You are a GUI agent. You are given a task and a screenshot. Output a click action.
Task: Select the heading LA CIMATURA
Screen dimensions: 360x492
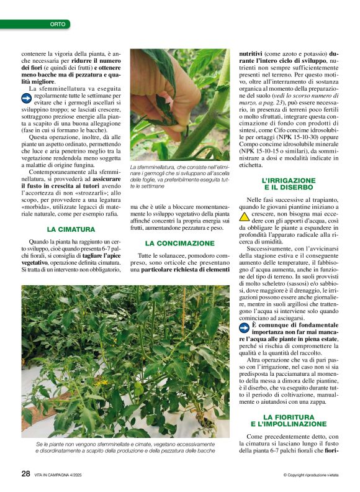point(71,229)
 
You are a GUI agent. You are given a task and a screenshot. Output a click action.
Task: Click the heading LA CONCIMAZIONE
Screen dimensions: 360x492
point(179,243)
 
